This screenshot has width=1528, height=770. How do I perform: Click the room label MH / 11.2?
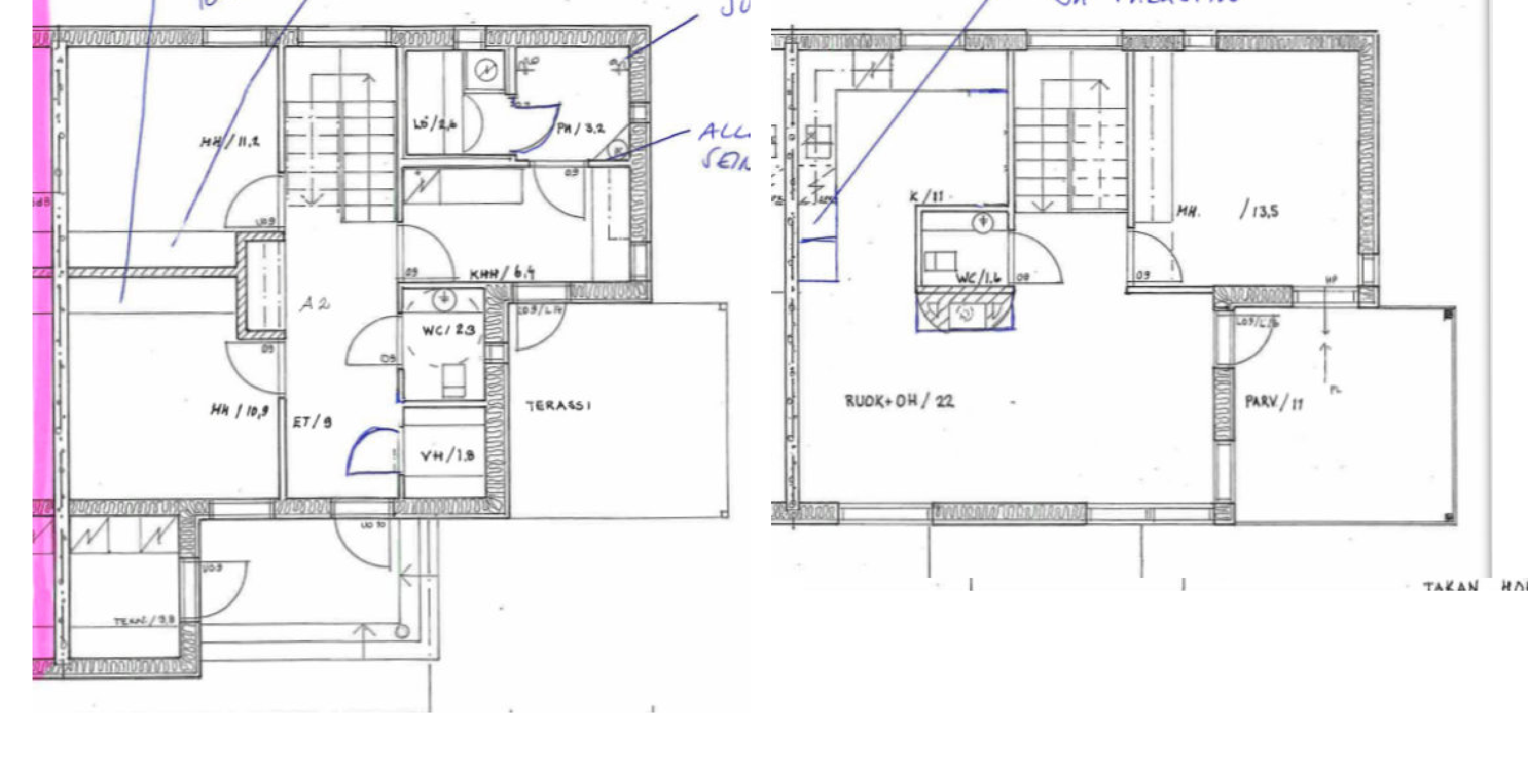[x=230, y=142]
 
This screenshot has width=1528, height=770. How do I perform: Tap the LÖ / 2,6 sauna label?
[x=435, y=125]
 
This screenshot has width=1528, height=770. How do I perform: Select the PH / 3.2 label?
[x=580, y=128]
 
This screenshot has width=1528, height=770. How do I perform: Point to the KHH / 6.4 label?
[x=502, y=274]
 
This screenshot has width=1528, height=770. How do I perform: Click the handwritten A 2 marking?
[x=314, y=304]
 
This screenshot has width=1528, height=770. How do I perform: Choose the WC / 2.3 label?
[x=448, y=330]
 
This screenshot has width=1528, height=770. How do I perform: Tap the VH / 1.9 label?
[x=447, y=455]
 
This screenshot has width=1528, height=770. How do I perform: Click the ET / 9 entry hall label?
[x=312, y=422]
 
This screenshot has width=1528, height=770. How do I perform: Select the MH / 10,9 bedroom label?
[x=239, y=410]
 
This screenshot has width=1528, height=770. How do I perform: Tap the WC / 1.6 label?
[x=979, y=278]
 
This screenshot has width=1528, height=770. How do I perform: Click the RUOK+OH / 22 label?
[x=899, y=401]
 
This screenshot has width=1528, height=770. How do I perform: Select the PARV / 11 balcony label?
[x=1274, y=402]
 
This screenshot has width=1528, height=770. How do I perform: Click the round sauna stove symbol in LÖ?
[x=488, y=70]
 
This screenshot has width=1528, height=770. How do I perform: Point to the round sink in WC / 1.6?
[x=983, y=223]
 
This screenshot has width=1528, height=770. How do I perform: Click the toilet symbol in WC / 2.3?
[x=453, y=380]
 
